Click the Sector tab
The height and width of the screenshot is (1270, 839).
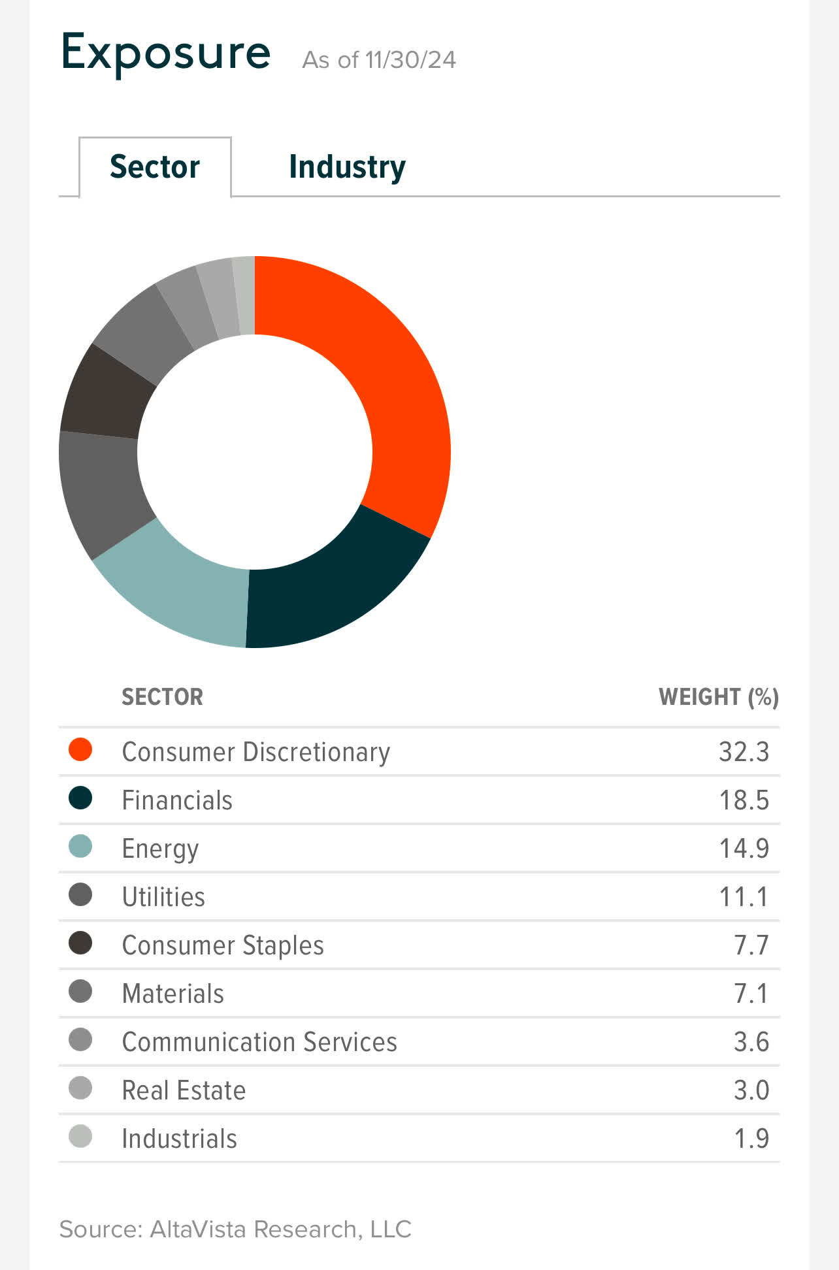(x=155, y=167)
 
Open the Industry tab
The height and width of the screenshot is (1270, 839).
(x=347, y=167)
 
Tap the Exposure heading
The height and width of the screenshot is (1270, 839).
(x=165, y=52)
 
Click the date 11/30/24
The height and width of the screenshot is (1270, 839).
(x=410, y=60)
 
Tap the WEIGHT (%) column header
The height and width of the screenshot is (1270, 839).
(x=718, y=697)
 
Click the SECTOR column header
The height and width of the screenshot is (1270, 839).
(x=162, y=697)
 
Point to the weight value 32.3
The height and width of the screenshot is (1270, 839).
(x=744, y=752)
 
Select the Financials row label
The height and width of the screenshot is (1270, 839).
(x=177, y=800)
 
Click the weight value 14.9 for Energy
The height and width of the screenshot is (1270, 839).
(x=744, y=849)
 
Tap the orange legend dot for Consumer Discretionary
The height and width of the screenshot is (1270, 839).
(x=80, y=750)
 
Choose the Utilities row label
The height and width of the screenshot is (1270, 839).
(x=163, y=897)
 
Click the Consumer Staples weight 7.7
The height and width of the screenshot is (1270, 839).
(x=751, y=945)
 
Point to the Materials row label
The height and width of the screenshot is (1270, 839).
(x=173, y=994)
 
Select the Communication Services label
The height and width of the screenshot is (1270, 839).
(x=259, y=1042)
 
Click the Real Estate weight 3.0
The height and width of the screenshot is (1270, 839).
(x=751, y=1090)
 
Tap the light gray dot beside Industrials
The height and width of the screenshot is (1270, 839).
(x=80, y=1137)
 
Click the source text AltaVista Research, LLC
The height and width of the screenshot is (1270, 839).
(x=280, y=1229)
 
